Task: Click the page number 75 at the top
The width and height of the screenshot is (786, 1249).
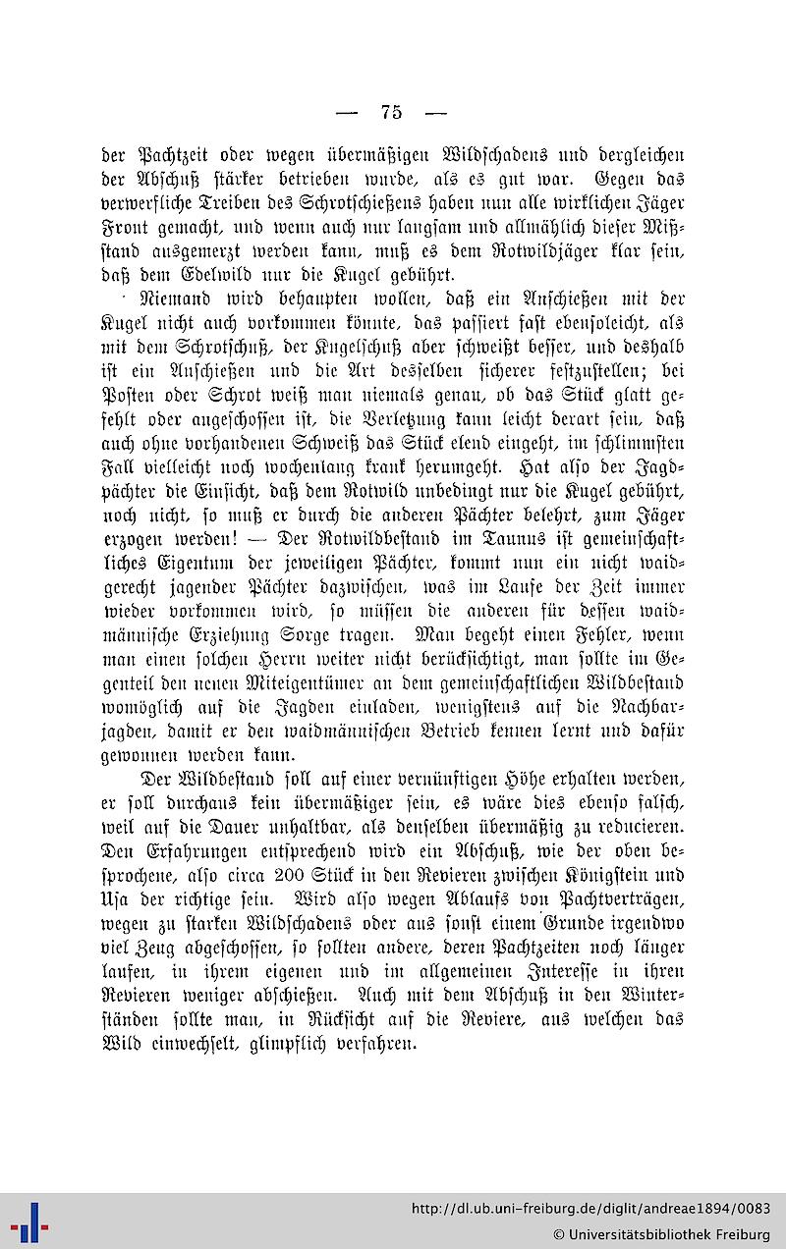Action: click(x=390, y=112)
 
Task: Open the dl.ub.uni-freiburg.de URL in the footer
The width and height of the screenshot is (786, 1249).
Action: click(x=590, y=1209)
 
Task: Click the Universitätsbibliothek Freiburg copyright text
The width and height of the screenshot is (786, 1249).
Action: click(x=661, y=1233)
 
